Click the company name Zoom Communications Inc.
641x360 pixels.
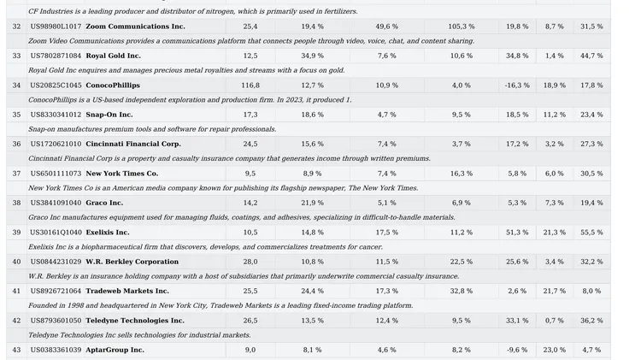(135, 27)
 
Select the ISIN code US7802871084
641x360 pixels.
(56, 56)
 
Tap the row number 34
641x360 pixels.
(16, 86)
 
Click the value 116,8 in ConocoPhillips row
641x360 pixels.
(250, 86)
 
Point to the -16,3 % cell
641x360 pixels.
(517, 86)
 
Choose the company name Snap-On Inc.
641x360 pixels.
(109, 115)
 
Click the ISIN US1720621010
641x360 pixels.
(56, 144)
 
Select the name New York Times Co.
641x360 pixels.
(122, 174)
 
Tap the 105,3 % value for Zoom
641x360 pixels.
(462, 27)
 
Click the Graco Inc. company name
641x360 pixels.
(104, 203)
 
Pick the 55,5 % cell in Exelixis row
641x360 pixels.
(591, 233)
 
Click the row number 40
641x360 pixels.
(16, 262)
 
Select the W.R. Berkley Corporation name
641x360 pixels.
(132, 262)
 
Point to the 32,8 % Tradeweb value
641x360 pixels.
(462, 291)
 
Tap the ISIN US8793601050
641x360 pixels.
(56, 321)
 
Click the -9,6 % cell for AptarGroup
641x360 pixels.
(517, 350)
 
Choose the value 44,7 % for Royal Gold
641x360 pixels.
(591, 56)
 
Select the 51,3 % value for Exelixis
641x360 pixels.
(517, 233)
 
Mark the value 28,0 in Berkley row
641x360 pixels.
(250, 262)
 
